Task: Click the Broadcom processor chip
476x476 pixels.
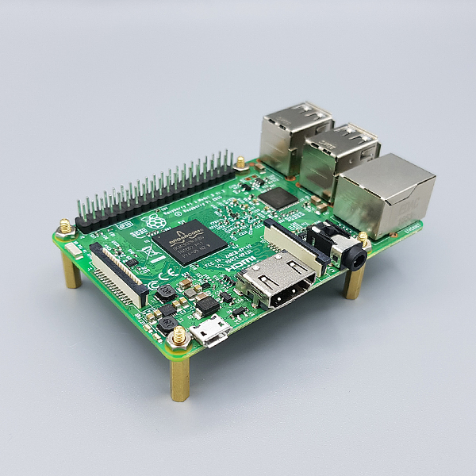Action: [189, 241]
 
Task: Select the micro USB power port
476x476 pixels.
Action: [213, 332]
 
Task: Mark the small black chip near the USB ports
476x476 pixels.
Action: [278, 198]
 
